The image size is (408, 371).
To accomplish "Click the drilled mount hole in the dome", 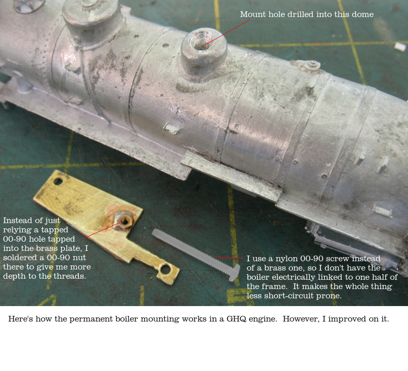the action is click(200, 40).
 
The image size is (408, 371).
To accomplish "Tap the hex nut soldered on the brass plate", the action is click(124, 221).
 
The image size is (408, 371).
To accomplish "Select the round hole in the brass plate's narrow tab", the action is click(165, 269).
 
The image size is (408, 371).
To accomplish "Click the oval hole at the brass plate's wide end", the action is click(58, 181).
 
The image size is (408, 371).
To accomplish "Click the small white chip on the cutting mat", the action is click(400, 47).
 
